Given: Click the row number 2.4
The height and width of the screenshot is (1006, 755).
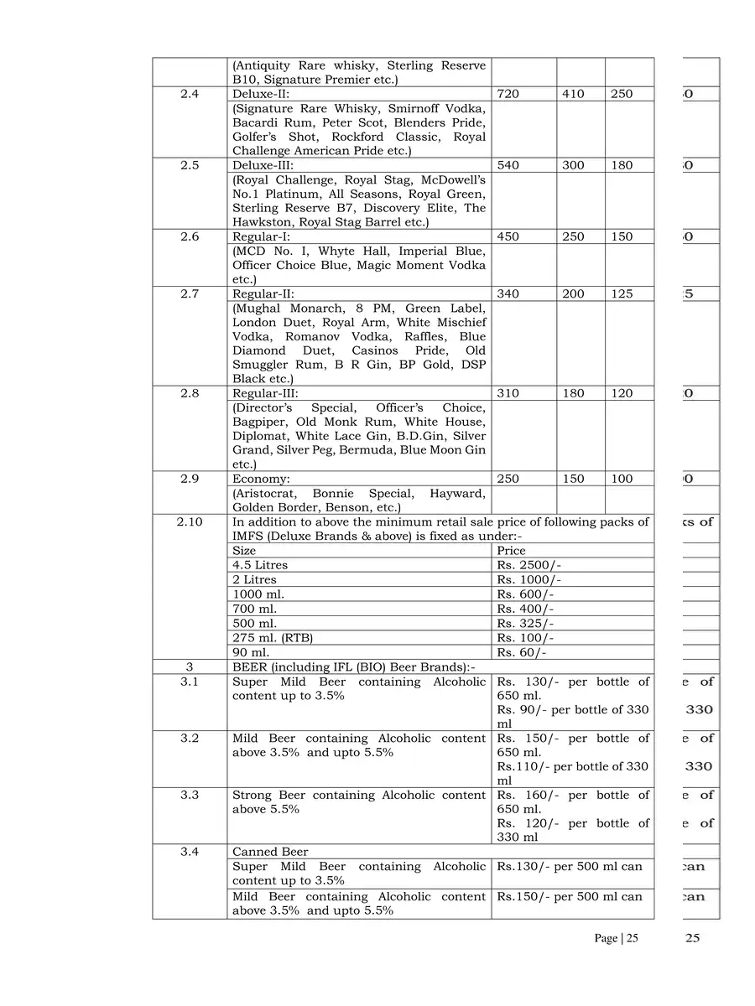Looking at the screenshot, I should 190,94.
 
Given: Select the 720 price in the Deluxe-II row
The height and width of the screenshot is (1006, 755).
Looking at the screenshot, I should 508,94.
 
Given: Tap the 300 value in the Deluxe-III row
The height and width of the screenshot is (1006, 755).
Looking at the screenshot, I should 573,165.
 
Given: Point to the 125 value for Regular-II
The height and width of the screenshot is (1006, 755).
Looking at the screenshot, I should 622,293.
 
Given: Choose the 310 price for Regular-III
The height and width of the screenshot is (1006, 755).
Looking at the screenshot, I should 508,393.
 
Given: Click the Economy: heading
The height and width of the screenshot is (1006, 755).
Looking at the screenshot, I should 261,479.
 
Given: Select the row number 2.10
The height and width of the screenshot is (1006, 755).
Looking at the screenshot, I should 190,521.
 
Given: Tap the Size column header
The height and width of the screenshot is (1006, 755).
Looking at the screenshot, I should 244,551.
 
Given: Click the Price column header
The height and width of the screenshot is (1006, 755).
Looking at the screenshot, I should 511,551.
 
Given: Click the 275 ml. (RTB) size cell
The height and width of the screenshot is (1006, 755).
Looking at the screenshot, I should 273,638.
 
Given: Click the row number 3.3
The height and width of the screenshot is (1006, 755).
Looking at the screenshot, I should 190,795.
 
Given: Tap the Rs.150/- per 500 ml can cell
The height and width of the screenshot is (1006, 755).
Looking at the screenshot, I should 570,896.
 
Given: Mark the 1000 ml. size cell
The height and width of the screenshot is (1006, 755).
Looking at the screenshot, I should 258,594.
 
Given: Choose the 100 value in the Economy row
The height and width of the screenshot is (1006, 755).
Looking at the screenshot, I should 622,479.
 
